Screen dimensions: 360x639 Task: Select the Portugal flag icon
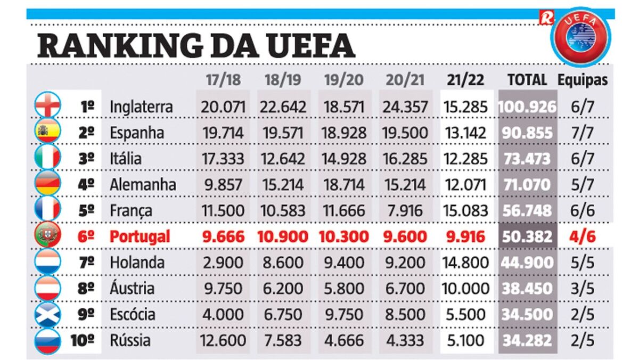47,236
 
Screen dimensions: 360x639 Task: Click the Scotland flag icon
47,314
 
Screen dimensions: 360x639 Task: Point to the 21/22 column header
465,80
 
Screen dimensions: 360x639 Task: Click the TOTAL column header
527,80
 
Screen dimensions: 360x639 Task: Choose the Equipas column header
583,80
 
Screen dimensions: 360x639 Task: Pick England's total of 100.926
527,107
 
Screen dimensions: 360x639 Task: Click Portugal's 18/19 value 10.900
282,236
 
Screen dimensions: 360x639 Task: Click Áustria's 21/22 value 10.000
465,288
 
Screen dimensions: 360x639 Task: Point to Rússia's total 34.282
527,340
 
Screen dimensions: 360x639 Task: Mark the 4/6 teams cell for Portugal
583,236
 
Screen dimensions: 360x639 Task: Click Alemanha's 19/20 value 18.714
344,185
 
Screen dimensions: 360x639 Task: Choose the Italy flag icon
47,158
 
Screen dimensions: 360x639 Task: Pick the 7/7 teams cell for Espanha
583,133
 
